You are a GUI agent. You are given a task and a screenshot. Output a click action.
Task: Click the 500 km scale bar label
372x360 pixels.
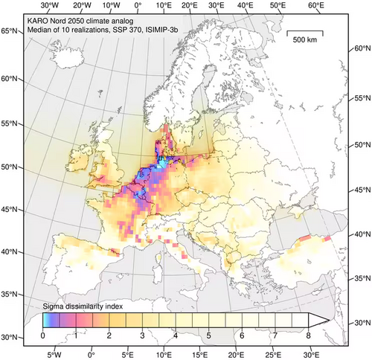[305, 39]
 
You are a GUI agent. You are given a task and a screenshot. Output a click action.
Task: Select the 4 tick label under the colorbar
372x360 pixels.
[175, 335]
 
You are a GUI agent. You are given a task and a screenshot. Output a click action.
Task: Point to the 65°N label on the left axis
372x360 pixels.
[10, 30]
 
